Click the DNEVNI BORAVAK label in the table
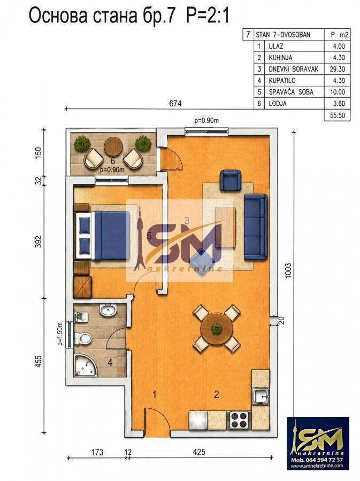point(293,69)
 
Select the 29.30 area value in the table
point(338,69)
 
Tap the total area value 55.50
point(338,115)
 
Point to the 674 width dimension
point(175,103)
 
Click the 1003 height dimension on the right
point(288,270)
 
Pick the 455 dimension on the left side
point(38,361)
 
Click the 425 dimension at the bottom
point(199,452)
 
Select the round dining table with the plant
point(217,329)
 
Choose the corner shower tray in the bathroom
point(85,366)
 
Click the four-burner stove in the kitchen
point(239,420)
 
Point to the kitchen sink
point(261,397)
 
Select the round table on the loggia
point(113,147)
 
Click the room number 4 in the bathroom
point(110,363)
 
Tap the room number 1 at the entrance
point(155,394)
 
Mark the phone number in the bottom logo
point(317,460)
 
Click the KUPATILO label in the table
point(282,81)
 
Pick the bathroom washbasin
point(108,310)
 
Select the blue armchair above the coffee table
point(231,181)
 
